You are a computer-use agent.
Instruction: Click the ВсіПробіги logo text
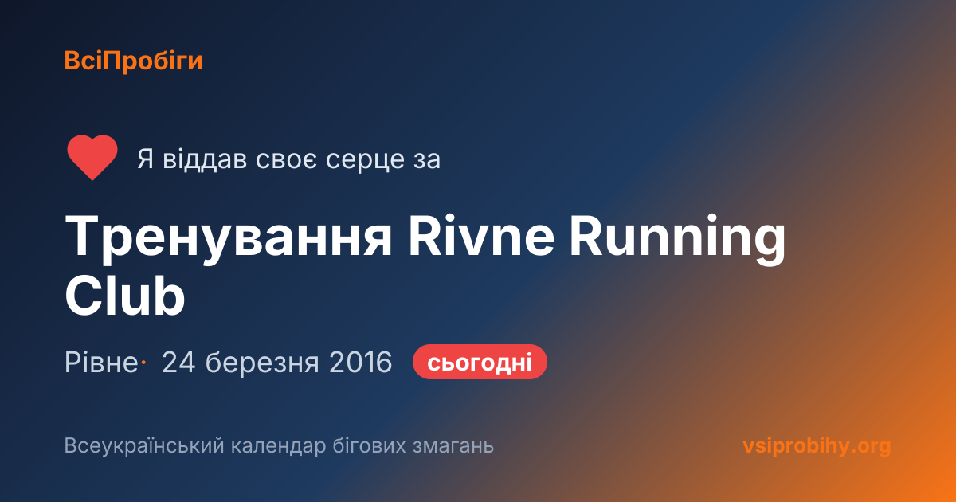pos(133,61)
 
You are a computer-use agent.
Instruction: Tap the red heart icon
pos(92,157)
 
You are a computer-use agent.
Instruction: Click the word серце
pos(362,160)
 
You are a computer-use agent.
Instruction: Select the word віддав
pos(205,159)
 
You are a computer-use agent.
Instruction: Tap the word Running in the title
pos(677,239)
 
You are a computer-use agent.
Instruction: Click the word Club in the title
pos(124,295)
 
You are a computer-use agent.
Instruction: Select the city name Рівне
pos(101,362)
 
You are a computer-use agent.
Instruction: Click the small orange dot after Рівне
pos(143,362)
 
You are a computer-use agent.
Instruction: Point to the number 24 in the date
pos(178,362)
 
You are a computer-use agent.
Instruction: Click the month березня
pos(262,363)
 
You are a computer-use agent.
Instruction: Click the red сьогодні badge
pos(480,362)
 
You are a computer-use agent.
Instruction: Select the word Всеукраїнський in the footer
pos(144,446)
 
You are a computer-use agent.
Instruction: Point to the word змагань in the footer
pos(453,446)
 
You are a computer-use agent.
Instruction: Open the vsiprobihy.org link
pos(817,446)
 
